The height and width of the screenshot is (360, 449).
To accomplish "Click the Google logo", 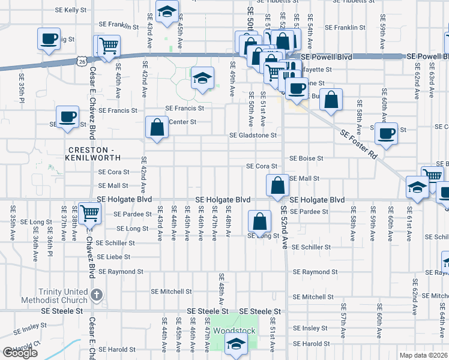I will (x=20, y=353).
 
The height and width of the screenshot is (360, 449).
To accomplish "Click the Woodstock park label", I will (x=236, y=331).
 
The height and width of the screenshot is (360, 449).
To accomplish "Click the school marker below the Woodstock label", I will (x=236, y=344).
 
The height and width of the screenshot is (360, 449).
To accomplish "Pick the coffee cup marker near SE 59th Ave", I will (x=386, y=132).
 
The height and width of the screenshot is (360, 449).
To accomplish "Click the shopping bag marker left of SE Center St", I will (x=157, y=127).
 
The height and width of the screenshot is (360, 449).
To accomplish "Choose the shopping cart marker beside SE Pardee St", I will (x=89, y=212).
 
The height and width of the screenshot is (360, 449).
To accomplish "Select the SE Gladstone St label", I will (x=253, y=135).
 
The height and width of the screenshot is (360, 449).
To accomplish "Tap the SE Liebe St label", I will (x=113, y=257).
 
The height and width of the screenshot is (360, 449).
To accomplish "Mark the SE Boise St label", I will (x=306, y=158).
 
